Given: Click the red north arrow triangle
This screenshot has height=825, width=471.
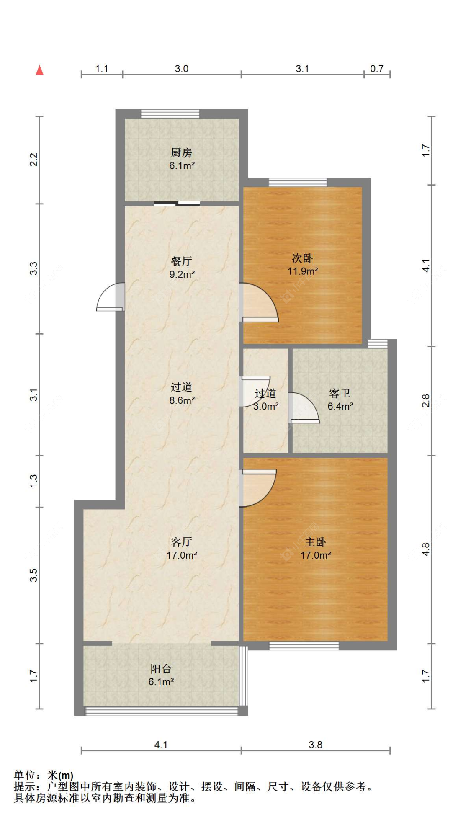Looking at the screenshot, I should pos(39,70).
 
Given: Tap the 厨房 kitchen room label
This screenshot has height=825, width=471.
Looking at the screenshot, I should pos(181,159).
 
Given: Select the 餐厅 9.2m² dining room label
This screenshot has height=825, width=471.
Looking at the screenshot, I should pos(181,268).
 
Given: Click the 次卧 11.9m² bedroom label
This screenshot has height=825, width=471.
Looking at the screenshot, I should pos(302,264).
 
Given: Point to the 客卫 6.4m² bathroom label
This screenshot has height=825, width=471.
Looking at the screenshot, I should pos(340,400).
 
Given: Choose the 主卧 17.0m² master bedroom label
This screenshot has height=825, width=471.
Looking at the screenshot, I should pos(315,548).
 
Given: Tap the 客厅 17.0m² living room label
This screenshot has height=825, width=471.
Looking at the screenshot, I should pos(181,548).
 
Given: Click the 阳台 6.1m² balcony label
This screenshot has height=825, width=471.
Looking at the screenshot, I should pos(161,675).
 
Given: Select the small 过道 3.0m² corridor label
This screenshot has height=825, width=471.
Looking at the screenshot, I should pos(265,400).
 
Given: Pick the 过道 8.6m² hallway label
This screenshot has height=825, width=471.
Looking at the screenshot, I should pos(181,393).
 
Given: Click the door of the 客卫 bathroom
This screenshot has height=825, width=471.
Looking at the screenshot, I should pos(303,409).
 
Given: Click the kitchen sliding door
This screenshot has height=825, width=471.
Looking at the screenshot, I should pos(177,204).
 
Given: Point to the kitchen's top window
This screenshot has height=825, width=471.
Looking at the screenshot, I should pos(170,113).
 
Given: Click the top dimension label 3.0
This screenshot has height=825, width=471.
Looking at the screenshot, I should pos(181,69).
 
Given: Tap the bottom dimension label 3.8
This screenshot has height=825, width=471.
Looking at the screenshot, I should pos(315,745).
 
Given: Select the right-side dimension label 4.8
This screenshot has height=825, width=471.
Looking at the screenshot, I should pos(425,549).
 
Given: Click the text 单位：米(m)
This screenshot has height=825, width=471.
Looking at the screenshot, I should pos(44,775).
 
